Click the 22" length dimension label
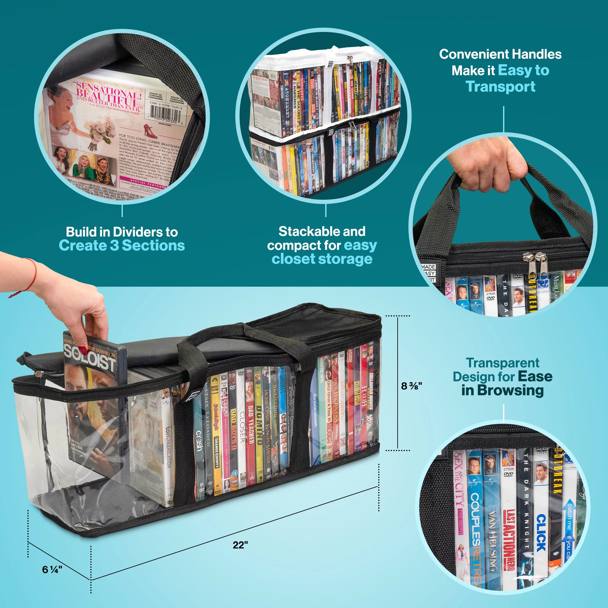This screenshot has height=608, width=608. (x=240, y=545)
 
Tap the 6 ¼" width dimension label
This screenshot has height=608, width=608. (x=52, y=569)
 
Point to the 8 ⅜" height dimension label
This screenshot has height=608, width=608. (x=411, y=386)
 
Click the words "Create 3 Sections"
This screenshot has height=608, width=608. (x=122, y=245)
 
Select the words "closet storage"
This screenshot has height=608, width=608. (x=322, y=259)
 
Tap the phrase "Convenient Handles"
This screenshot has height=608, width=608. (x=500, y=54)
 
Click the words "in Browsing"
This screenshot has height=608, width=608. (x=502, y=390)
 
